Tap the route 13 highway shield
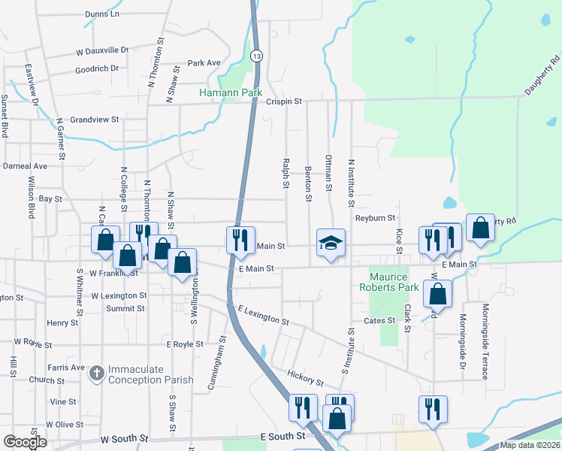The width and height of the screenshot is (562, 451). click(257, 56)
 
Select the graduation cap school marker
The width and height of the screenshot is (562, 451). click(331, 243)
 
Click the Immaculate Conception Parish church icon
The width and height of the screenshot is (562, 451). click(97, 373)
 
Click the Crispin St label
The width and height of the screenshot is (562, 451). click(285, 101)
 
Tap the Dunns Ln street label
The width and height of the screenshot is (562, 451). click(102, 14)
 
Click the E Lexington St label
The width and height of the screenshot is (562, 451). click(263, 316)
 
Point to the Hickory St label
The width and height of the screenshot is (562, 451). click(305, 377)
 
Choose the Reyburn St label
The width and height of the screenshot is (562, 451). click(375, 218)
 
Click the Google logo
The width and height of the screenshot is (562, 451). click(25, 442)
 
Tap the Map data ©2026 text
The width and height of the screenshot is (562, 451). click(530, 445)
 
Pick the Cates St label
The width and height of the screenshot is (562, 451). click(379, 321)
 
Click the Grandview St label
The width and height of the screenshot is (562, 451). click(95, 120)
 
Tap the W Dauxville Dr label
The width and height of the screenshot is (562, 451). click(102, 50)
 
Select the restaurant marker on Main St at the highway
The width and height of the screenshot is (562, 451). click(240, 241)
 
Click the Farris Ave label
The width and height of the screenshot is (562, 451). click(67, 368)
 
